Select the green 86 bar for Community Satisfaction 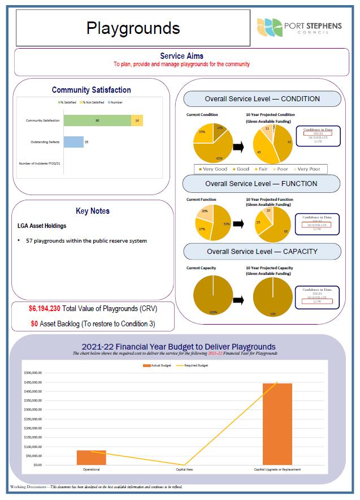pyautogui.click(x=97, y=120)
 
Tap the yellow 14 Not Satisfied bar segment pyautogui.click(x=137, y=120)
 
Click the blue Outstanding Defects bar pyautogui.click(x=73, y=142)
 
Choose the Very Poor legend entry pyautogui.click(x=307, y=169)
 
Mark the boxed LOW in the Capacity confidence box pyautogui.click(x=318, y=301)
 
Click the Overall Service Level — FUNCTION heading pyautogui.click(x=261, y=184)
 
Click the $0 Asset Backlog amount pyautogui.click(x=34, y=324)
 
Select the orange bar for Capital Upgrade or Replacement pyautogui.click(x=277, y=424)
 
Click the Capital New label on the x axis pyautogui.click(x=184, y=469)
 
